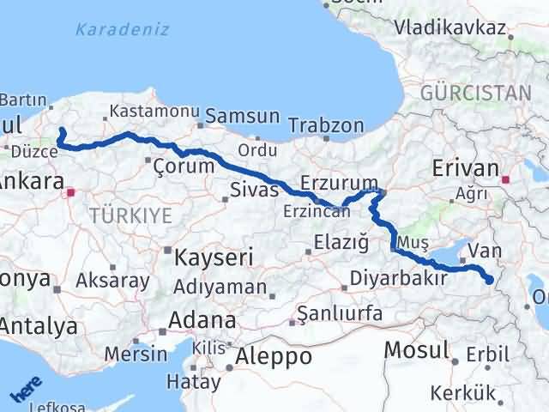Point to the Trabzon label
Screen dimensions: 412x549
point(326,125)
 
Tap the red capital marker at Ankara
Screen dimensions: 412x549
point(72,193)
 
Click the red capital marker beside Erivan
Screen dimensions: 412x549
point(507,179)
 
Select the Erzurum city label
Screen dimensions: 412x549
point(339,183)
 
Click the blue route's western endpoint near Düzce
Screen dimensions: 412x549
point(61,131)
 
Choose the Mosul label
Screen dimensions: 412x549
point(417,349)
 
